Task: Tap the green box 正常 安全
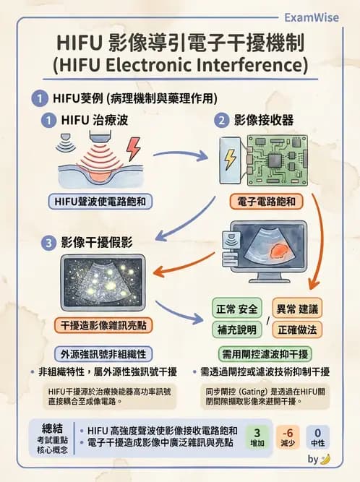click(x=236, y=309)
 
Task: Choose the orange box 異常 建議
click(x=297, y=309)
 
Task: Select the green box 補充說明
click(x=236, y=330)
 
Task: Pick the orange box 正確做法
click(x=297, y=330)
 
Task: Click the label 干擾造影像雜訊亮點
click(x=101, y=325)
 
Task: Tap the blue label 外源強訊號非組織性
click(x=101, y=353)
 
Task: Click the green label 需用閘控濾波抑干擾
click(x=265, y=353)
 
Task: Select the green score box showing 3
click(x=259, y=434)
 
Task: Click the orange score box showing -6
click(x=288, y=434)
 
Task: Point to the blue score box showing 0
click(x=317, y=434)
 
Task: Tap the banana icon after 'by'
click(x=326, y=459)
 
